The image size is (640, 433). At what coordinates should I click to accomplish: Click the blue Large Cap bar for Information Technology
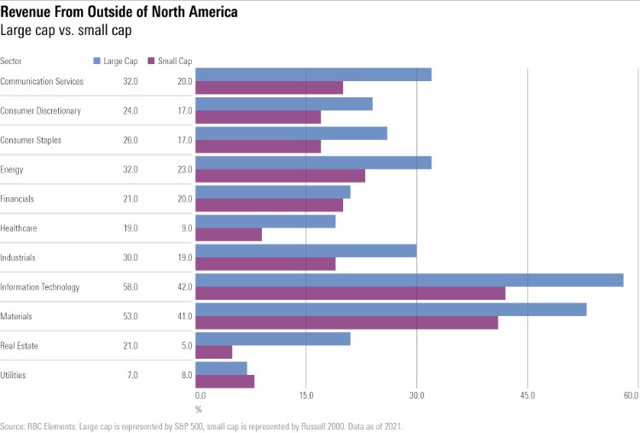410,280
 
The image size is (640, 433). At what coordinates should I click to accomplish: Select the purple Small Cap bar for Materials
346,324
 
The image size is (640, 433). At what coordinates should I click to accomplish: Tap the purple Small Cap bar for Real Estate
214,352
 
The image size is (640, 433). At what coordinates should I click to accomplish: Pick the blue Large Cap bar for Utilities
222,368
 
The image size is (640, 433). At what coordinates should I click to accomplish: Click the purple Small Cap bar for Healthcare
229,236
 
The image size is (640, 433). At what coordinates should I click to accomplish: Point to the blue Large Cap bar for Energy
314,163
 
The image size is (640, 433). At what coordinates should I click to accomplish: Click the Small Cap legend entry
170,61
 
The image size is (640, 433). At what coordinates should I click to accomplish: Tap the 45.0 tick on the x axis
527,395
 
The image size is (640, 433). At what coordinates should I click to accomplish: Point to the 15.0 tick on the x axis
306,395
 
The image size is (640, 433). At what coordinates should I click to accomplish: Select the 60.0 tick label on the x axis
631,395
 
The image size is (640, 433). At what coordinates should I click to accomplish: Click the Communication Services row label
42,82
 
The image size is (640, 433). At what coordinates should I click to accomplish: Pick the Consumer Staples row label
31,140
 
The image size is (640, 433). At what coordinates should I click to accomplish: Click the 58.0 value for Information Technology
131,287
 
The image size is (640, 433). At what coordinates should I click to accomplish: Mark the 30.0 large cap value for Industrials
131,258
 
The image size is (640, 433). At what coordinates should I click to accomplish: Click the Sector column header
11,61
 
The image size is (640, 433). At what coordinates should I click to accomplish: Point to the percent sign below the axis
199,409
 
